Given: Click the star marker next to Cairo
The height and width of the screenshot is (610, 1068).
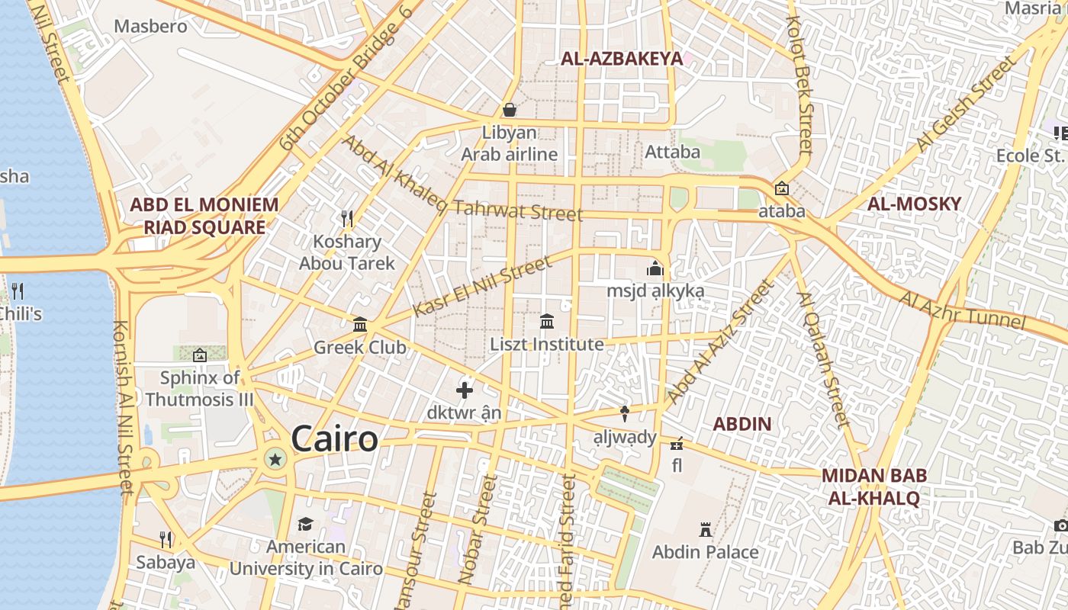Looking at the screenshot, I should coord(275,458).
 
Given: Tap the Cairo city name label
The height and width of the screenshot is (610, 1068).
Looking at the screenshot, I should coord(334,439).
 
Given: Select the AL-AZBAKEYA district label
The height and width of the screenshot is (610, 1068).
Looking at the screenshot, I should coord(622,59).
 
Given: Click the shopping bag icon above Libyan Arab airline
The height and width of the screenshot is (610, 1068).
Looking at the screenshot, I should coord(509,110).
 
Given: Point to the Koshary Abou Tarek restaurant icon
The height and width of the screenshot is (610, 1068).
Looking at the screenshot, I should coord(347,219).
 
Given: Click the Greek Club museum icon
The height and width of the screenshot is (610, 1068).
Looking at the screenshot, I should coord(360,325).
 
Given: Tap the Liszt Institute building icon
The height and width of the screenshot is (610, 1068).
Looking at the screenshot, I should coord(547,322).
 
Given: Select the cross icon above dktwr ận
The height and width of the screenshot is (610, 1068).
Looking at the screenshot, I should coord(464,390).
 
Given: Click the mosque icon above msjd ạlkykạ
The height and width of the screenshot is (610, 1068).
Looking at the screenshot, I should coord(655,268).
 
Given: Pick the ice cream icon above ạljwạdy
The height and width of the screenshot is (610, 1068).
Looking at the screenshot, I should coord(625,414).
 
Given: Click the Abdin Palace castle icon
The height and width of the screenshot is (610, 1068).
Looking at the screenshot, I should coord(705,529).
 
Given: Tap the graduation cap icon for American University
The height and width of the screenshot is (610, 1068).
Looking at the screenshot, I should coord(305,524).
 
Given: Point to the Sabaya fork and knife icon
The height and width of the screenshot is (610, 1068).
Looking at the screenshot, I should coord(166,540).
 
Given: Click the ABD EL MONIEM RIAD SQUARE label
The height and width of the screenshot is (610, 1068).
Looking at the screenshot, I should coord(204,216).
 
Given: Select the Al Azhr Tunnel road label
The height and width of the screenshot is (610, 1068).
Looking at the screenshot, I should coord(962,310).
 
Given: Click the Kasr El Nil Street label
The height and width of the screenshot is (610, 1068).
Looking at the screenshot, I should coord(481,286).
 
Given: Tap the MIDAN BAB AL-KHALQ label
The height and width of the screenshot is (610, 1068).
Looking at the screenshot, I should coord(874,487).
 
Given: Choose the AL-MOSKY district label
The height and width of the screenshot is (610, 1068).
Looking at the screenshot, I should coord(914,204).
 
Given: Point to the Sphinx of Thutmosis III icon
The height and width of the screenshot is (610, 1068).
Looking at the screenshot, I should coord(200,355).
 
